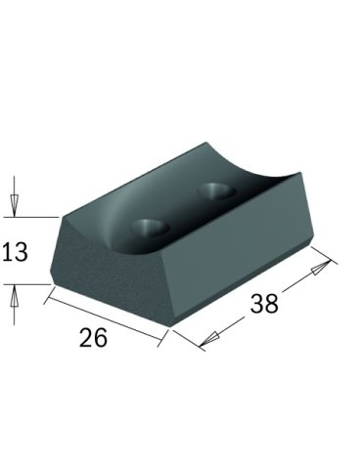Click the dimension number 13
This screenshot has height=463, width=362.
tap(15, 252)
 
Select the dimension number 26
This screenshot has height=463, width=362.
tap(93, 337)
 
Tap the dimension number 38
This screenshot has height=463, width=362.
tap(264, 303)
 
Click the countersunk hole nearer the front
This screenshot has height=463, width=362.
tap(151, 227)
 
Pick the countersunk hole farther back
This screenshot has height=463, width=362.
tap(217, 190)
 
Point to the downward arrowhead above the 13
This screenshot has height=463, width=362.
tap(14, 203)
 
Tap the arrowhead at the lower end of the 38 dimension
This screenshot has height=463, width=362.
tap(208, 339)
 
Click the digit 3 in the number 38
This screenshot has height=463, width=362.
tap(257, 303)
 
